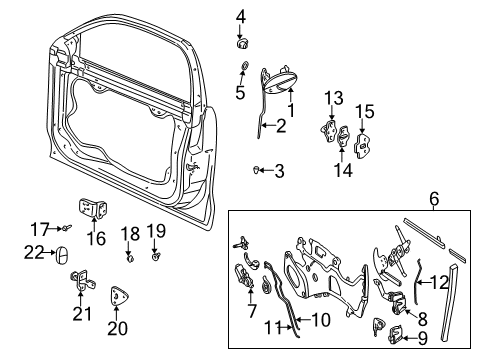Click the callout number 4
pos(240,15)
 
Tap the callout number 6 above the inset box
pos(433,200)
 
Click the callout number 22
pos(33,252)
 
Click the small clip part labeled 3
pos(257,170)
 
